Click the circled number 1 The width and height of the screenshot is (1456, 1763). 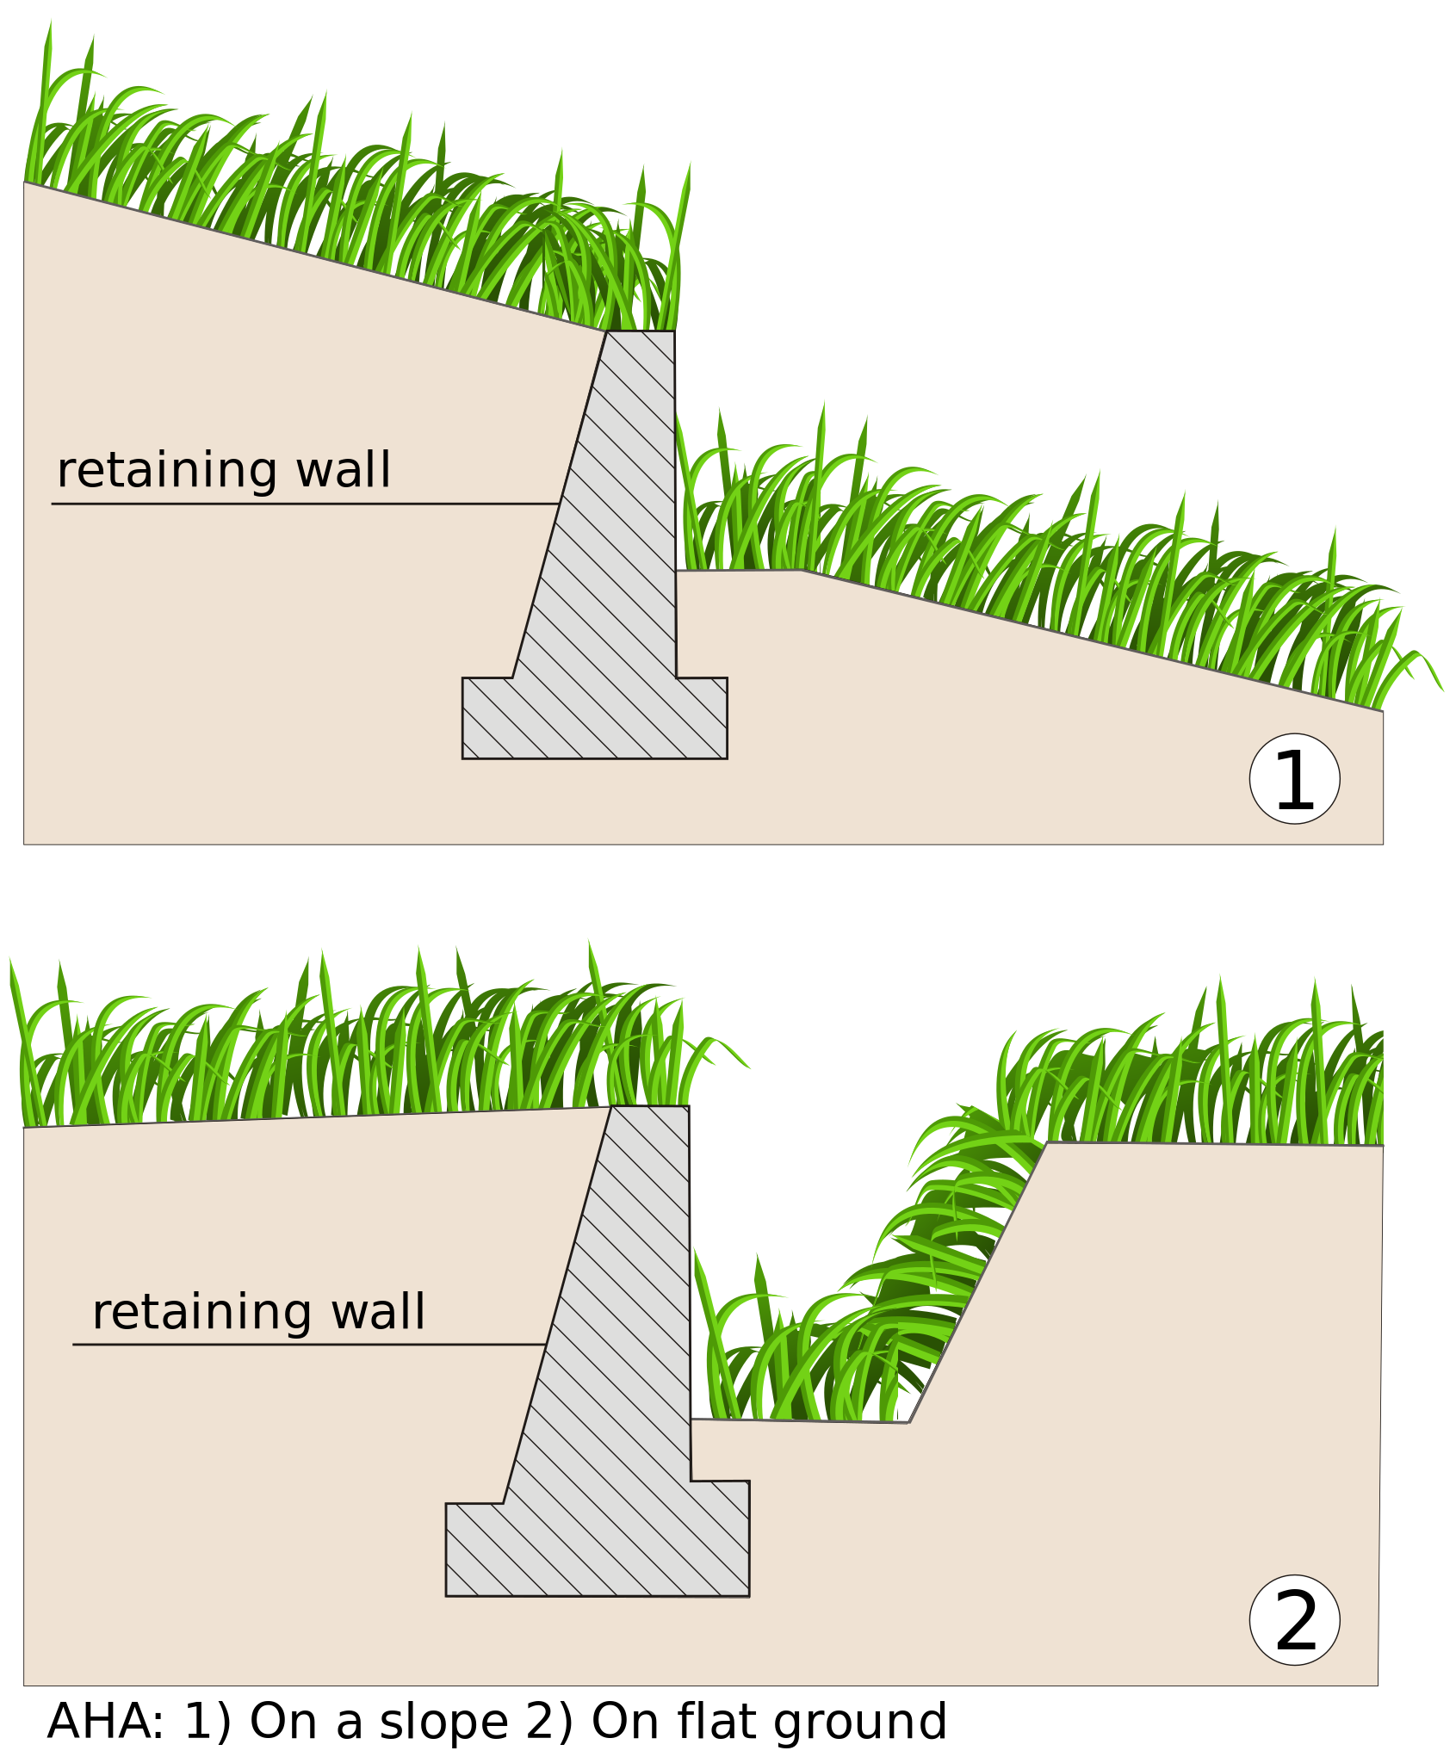1294,779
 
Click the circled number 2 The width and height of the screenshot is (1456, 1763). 1294,1620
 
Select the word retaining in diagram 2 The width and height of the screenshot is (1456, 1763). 201,1313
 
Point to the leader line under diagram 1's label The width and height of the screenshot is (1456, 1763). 301,504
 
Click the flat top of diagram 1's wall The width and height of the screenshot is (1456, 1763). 641,332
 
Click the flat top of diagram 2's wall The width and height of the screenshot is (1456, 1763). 650,1107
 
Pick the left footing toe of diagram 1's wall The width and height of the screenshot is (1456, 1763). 486,717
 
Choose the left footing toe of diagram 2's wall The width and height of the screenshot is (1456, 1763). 474,1550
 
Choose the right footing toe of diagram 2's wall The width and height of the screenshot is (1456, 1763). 722,1537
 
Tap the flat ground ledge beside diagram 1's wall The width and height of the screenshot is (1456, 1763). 737,571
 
